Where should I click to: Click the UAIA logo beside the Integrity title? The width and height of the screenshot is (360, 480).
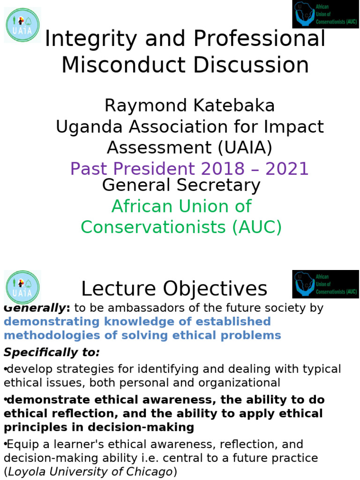tap(22, 25)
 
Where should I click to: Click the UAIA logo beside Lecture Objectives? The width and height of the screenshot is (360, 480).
tap(22, 287)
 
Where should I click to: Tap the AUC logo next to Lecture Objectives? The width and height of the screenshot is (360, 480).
tap(325, 284)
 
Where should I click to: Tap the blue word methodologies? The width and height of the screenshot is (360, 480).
tap(48, 335)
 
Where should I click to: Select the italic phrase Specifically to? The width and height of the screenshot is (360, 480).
tap(52, 352)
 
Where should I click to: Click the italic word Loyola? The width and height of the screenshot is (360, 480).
tap(22, 472)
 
